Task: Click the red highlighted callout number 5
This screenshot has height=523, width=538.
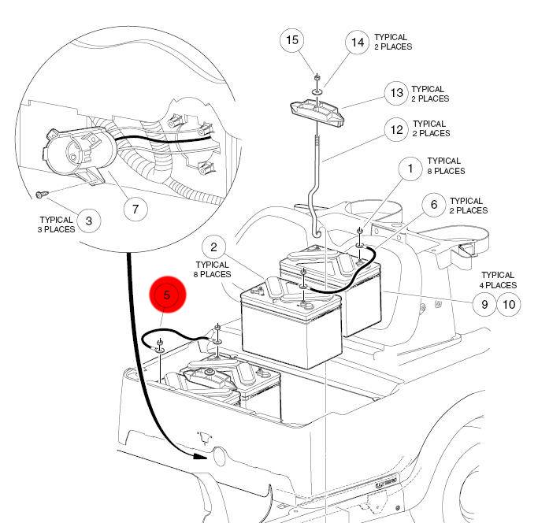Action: pyautogui.click(x=167, y=297)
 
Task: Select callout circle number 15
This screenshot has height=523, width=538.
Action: pyautogui.click(x=293, y=40)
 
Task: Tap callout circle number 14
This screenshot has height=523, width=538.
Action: pyautogui.click(x=358, y=42)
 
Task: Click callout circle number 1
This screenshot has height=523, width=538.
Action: pyautogui.click(x=410, y=167)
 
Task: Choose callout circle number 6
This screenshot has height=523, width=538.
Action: pyautogui.click(x=433, y=206)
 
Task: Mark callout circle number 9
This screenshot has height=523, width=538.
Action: pyautogui.click(x=484, y=303)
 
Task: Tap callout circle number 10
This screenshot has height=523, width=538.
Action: pyautogui.click(x=509, y=303)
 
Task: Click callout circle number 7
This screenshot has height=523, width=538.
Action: pyautogui.click(x=135, y=209)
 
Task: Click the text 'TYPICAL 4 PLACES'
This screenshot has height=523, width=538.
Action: pyautogui.click(x=499, y=280)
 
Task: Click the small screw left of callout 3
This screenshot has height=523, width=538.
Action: pyautogui.click(x=42, y=193)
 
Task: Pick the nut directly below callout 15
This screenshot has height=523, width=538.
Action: pyautogui.click(x=316, y=79)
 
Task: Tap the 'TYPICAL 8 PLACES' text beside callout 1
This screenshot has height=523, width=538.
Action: pyautogui.click(x=446, y=166)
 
